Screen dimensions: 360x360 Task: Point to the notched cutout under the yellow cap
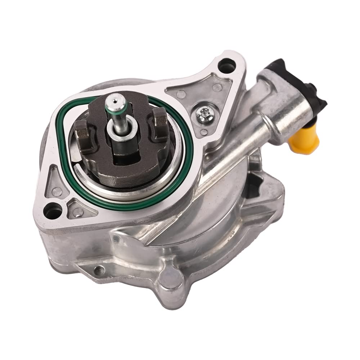coord(268,187)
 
